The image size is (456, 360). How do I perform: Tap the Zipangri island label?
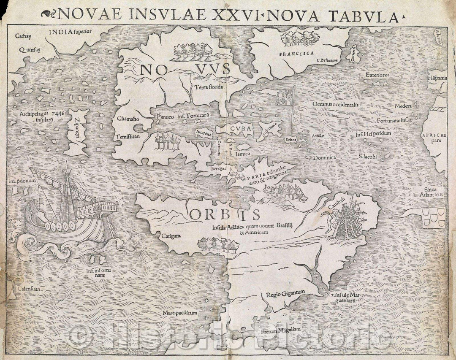[77, 131]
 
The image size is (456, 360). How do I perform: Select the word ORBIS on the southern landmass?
[225, 214]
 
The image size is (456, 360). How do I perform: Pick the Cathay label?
[21, 36]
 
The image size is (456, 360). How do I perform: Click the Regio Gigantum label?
[285, 293]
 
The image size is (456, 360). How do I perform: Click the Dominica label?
[324, 157]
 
